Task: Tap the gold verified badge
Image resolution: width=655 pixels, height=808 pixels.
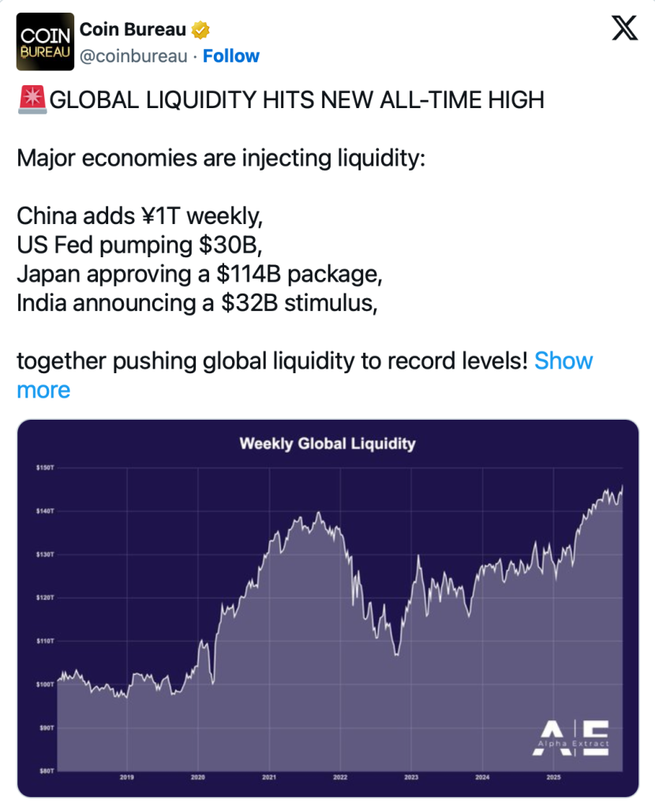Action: [x=201, y=30]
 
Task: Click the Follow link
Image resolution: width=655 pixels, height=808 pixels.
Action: [x=231, y=56]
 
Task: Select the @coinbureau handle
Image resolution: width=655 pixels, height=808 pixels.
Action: [x=134, y=56]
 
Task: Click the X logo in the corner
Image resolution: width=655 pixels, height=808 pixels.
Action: [x=626, y=29]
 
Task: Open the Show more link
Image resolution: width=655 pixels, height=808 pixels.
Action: [x=304, y=376]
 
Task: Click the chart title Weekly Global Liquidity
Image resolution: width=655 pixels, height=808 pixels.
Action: [x=327, y=443]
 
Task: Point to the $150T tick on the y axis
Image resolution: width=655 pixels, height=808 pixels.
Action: [x=44, y=468]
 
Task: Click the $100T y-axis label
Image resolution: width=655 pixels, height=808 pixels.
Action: [x=44, y=683]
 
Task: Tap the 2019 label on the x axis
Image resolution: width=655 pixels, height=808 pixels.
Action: [x=127, y=777]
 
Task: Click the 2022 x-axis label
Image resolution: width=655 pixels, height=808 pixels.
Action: [x=340, y=777]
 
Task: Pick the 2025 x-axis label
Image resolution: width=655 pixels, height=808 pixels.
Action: [x=553, y=777]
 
